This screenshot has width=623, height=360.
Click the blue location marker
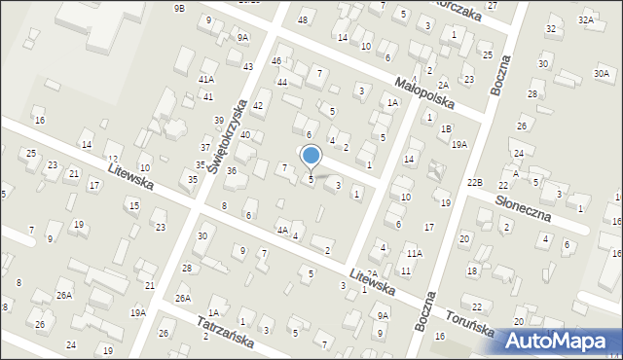pos(311,156)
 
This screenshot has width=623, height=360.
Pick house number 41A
pos(206,79)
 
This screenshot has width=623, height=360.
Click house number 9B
pos(179,8)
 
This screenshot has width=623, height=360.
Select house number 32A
pos(585,19)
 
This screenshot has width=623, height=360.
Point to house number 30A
pos(602,73)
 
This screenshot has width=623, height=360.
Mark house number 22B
pos(474,183)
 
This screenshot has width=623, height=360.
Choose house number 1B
pos(446,128)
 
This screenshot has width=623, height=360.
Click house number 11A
pos(415,253)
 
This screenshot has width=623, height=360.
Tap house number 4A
pos(281,231)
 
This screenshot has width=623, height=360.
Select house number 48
pos(303,20)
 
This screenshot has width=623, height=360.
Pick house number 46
pos(276,61)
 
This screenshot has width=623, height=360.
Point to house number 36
pos(232,171)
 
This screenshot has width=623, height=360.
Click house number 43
pos(248,66)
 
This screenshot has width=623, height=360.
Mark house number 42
pos(258,105)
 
